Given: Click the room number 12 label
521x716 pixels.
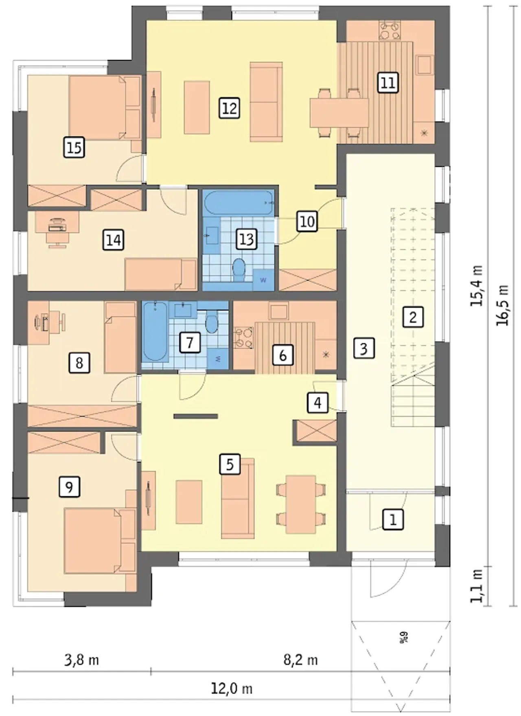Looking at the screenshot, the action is click(230, 108).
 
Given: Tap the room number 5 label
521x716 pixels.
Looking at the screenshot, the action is click(230, 464).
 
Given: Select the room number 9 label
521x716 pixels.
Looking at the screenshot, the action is click(69, 486).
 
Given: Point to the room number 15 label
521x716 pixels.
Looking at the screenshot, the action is click(74, 147).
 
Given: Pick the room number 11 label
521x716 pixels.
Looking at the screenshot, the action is click(387, 83).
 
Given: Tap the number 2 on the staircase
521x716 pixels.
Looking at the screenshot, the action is click(413, 317).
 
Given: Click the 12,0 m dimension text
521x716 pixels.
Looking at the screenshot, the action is click(232, 689).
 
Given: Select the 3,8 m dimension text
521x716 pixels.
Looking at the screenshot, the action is click(82, 660).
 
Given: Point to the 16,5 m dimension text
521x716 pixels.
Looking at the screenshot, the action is click(503, 304).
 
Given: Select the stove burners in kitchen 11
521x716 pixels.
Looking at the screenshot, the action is click(390, 31).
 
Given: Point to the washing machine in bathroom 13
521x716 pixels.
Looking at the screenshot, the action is click(263, 280).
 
